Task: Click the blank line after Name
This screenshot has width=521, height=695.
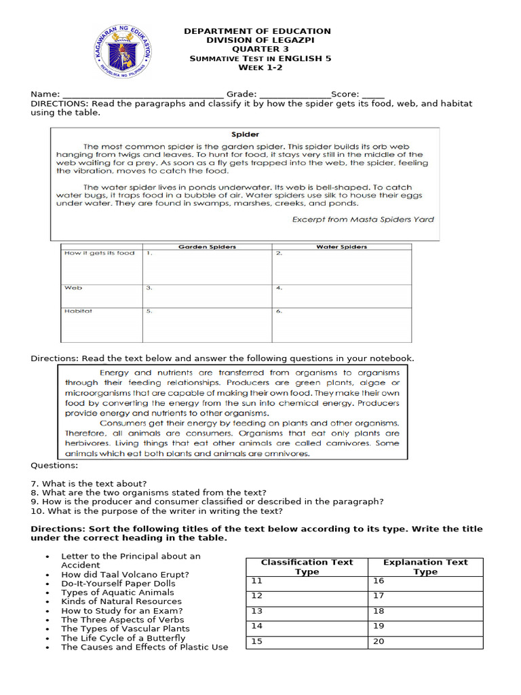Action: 142,95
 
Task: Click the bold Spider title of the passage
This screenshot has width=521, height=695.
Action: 245,134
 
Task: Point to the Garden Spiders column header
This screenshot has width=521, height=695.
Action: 207,247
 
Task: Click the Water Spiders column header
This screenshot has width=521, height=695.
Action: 341,247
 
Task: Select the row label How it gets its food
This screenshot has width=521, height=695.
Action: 99,253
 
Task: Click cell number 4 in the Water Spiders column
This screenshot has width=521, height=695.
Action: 341,296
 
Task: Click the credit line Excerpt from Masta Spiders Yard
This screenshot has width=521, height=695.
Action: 363,219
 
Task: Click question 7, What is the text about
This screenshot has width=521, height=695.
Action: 89,483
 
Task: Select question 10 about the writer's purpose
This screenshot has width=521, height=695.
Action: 157,511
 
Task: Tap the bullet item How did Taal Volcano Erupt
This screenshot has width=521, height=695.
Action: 125,574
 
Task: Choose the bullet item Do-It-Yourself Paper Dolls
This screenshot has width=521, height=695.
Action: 118,583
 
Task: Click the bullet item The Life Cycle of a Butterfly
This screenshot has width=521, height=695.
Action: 123,638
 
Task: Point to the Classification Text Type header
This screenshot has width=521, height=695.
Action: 307,567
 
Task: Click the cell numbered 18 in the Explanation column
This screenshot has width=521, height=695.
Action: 425,611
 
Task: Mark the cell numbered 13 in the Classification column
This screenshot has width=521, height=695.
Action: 307,611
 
